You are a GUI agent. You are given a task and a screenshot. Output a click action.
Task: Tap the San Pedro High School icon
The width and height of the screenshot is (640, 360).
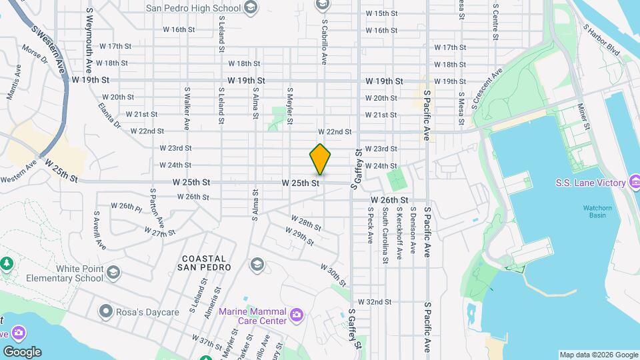(x=251, y=8)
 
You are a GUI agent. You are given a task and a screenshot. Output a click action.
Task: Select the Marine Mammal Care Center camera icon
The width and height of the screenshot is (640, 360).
(x=297, y=313)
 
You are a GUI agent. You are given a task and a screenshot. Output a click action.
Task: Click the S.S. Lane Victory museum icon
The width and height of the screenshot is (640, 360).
(x=635, y=182)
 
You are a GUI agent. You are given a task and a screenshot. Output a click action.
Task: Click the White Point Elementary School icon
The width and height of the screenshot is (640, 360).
(x=113, y=272)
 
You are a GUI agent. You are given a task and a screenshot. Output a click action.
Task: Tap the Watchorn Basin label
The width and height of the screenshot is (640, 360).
(x=598, y=211)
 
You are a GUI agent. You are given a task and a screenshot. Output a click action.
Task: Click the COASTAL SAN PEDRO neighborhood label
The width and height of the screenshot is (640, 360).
(x=204, y=263)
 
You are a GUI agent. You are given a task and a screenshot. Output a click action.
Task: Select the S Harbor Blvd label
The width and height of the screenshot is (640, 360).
(x=601, y=39)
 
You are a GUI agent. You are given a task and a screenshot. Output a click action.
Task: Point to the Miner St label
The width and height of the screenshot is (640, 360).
(x=584, y=116)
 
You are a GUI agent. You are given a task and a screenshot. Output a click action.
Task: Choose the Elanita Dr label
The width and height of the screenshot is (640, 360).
(x=109, y=115)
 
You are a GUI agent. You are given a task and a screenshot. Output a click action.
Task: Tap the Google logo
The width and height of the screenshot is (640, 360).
(x=22, y=351)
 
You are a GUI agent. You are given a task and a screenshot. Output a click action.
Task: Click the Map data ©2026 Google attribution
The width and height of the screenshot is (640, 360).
(x=599, y=355)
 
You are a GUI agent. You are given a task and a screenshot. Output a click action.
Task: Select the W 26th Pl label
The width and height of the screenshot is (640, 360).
(x=127, y=208)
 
